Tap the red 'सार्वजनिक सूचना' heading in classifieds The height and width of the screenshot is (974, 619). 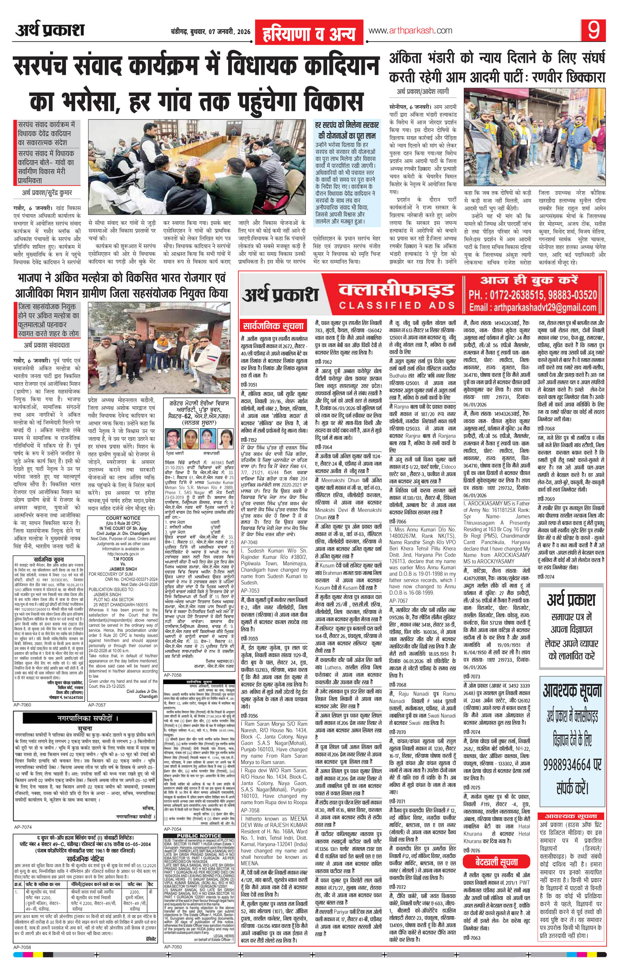(x=275, y=325)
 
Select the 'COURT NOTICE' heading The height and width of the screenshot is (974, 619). (x=124, y=518)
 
